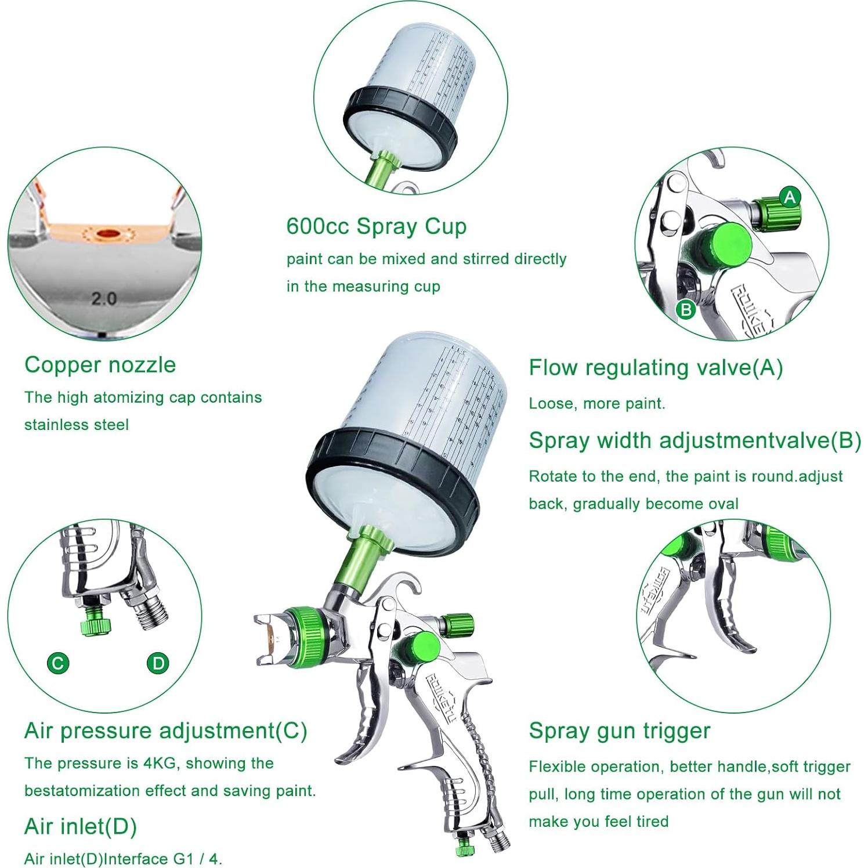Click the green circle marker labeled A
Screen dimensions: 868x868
(x=789, y=197)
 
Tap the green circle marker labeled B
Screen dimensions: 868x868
(x=685, y=309)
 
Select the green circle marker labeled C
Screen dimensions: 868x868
(x=58, y=663)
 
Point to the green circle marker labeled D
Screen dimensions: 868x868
(x=158, y=663)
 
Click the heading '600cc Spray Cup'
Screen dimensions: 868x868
(x=376, y=226)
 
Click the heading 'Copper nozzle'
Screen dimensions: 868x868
(x=100, y=365)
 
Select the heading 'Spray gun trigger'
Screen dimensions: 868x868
(x=619, y=730)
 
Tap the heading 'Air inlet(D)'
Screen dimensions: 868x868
(x=80, y=826)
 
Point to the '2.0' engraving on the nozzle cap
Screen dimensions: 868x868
(x=104, y=299)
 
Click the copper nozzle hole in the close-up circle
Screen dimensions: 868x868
(x=107, y=233)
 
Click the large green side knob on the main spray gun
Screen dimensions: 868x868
(x=415, y=648)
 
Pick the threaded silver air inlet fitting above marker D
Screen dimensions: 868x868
(x=151, y=612)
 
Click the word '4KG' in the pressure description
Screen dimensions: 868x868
(x=159, y=763)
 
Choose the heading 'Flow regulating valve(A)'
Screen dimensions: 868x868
(x=656, y=368)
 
